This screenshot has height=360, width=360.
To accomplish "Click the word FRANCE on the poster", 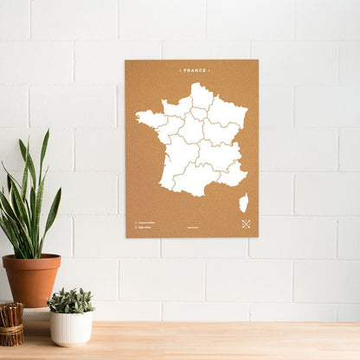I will coord(192,70).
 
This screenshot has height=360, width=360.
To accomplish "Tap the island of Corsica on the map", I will coord(243,202).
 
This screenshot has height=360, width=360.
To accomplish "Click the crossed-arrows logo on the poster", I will coord(246,224).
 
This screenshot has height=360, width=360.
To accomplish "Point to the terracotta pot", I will coord(31,281).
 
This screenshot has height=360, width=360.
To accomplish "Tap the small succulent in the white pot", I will coord(71,300).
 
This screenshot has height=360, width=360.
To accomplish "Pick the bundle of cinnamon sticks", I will coord(11,324).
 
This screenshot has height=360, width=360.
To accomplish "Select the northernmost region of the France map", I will coord(202,94).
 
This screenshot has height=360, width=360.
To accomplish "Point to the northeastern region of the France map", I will coord(228,112).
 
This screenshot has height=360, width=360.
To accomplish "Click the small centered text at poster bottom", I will coord(192,228).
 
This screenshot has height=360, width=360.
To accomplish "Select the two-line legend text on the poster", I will coord(146,226).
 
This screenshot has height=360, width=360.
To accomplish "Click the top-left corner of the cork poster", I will coord(126,61).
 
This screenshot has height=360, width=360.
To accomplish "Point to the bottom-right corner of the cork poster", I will coord(257,236).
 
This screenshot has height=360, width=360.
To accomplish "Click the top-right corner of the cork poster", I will coord(257,61).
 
